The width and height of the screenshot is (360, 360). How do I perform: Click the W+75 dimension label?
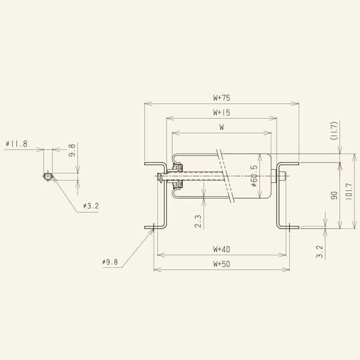[221, 97]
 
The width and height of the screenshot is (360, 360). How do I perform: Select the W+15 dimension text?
[221, 112]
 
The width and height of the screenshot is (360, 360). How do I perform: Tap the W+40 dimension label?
[221, 249]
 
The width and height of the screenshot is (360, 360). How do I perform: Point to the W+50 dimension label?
[221, 264]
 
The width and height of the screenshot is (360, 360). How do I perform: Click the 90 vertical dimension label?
[334, 195]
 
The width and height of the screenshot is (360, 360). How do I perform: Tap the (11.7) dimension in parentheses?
[334, 131]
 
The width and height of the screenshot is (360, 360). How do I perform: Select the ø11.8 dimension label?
[16, 144]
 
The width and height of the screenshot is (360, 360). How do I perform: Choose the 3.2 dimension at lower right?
[319, 251]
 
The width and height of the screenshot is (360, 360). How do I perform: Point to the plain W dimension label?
[221, 127]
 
